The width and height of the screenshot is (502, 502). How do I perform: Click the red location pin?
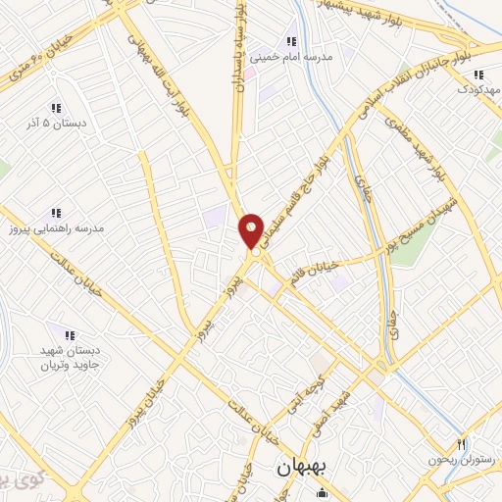pos(252,231)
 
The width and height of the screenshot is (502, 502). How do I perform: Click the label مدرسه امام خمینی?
pos(291,57)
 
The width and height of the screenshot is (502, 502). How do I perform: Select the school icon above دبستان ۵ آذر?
pos(56,108)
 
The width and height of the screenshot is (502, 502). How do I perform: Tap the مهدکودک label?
pos(477,90)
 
